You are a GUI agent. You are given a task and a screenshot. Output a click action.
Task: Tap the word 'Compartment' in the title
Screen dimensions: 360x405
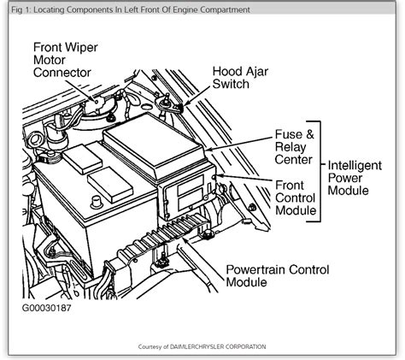point(223,9)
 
